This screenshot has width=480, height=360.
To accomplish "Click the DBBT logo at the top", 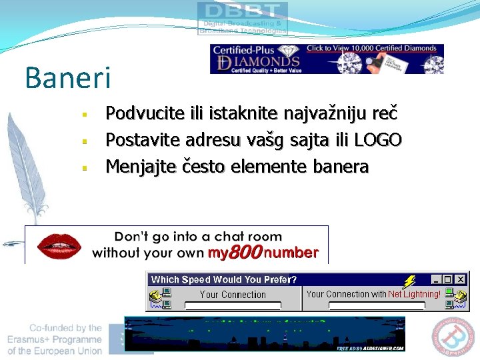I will pos(243,18).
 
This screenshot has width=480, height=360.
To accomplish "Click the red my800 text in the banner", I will pos(237,253).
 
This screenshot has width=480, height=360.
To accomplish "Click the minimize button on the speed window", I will pos(436,279).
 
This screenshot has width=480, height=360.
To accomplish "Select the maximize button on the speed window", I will pos(447,279).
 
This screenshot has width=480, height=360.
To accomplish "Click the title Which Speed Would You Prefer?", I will pos(224,279).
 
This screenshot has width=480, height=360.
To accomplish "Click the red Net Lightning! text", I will pos(414,293).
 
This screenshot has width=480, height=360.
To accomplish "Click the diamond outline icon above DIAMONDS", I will pos(288,51).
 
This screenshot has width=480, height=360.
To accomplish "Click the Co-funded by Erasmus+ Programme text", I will pos(65,339).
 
